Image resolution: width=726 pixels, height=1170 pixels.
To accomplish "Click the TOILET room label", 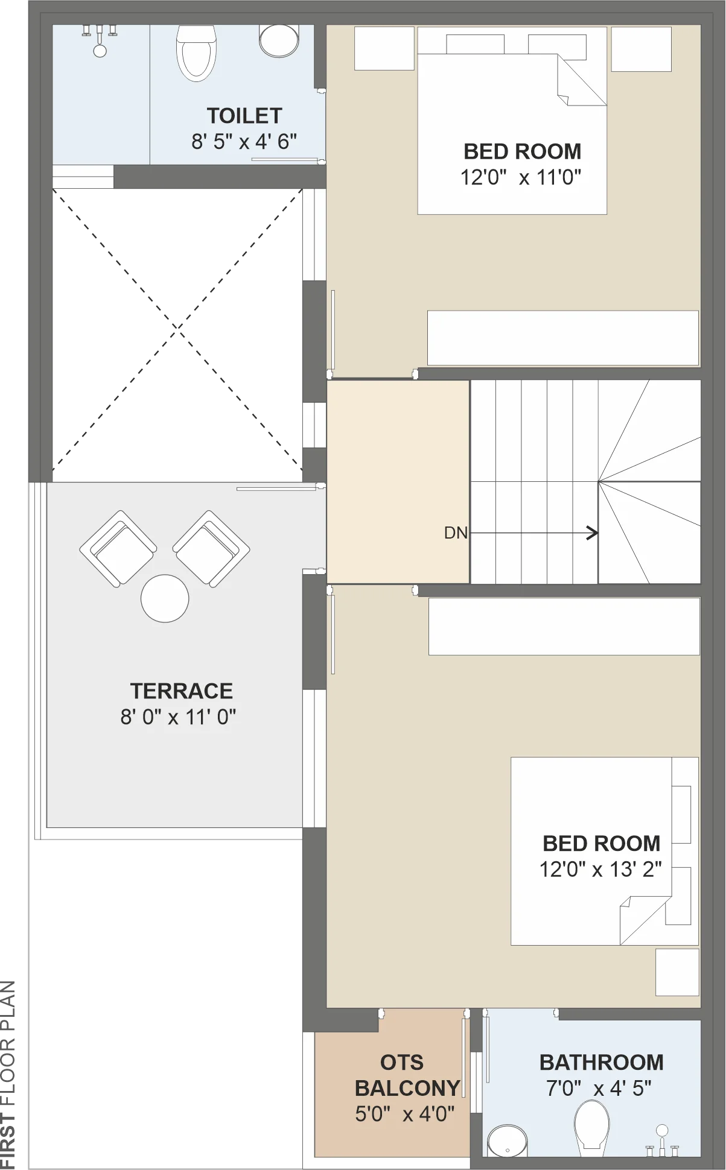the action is (x=244, y=116).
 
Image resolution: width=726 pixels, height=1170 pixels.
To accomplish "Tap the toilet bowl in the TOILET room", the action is (x=196, y=53).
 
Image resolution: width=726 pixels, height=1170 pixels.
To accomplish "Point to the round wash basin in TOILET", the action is (x=279, y=40).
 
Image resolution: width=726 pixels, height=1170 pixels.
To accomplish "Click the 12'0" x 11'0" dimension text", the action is (x=521, y=177).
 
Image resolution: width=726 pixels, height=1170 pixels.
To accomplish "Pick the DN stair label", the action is (x=456, y=533).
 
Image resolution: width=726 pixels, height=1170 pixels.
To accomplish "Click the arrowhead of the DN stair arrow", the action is (x=594, y=533).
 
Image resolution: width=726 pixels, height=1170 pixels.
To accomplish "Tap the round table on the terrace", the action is (x=165, y=598).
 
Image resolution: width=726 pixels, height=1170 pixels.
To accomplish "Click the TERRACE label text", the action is (x=182, y=691).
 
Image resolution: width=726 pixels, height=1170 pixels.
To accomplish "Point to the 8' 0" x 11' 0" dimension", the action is (x=178, y=717).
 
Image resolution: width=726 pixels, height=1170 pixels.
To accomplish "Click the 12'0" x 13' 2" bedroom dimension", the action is (x=600, y=869).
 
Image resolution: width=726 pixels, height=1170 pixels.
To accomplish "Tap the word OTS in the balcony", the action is (x=402, y=1062).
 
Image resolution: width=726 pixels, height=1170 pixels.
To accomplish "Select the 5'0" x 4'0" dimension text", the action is (x=404, y=1114).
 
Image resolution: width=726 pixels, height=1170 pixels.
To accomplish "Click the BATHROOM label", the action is (x=602, y=1062).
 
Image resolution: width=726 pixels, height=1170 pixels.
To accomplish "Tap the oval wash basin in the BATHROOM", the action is (x=508, y=1141).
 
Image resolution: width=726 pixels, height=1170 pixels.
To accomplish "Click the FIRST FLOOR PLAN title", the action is (x=8, y=1075).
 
